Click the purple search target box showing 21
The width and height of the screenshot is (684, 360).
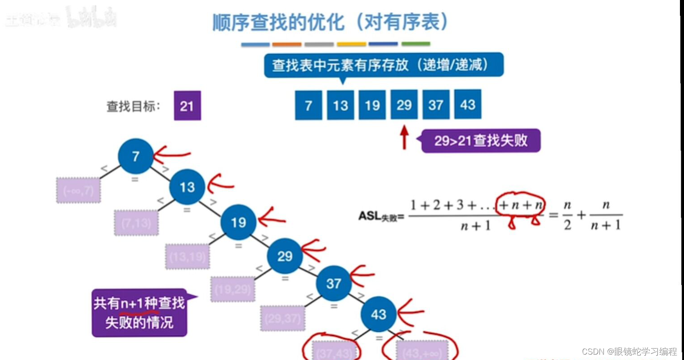[187, 106]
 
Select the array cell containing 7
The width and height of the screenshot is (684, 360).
[308, 105]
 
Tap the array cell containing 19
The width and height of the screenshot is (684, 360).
[372, 105]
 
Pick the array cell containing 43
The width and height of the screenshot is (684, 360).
[468, 104]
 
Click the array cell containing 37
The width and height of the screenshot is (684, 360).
[436, 105]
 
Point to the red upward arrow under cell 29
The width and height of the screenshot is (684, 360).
[404, 137]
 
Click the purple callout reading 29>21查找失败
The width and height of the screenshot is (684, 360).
[480, 141]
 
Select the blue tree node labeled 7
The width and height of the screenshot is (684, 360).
[136, 156]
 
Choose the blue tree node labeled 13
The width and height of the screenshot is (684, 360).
[187, 187]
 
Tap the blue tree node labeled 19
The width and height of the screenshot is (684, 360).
[238, 222]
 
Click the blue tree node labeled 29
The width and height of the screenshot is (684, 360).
[285, 256]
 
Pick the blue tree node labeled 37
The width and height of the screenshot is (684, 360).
[333, 284]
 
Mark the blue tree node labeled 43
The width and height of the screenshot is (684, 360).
[378, 314]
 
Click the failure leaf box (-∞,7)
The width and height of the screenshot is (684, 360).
[79, 191]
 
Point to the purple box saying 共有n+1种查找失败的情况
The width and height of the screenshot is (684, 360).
[139, 313]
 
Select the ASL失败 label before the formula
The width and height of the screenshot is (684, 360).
[381, 217]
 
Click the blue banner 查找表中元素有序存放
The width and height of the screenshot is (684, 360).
[383, 66]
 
